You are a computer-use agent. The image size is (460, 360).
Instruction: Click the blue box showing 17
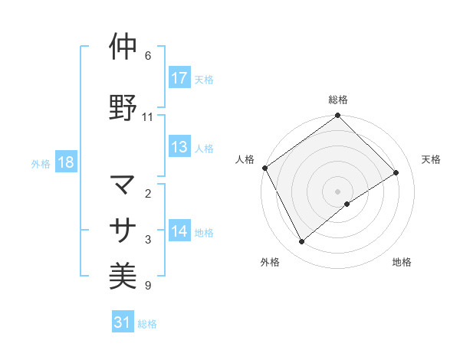click(x=179, y=78)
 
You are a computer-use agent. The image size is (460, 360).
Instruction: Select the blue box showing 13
click(x=179, y=148)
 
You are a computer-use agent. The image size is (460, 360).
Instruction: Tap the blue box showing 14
click(x=179, y=232)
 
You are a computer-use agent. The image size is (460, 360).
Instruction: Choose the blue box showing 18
click(x=65, y=163)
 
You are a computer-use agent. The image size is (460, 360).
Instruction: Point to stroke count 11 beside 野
click(x=148, y=117)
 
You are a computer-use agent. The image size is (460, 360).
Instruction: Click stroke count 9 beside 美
click(x=148, y=286)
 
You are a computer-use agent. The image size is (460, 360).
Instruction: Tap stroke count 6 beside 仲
click(x=148, y=56)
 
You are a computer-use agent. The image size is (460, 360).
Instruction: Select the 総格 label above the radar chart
click(x=338, y=100)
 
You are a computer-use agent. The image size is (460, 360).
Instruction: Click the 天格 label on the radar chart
click(x=431, y=159)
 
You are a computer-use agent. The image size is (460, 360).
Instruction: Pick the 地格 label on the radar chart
click(x=402, y=262)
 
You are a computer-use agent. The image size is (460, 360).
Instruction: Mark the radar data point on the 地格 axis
click(x=348, y=204)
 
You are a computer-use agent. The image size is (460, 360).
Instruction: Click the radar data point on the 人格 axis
click(x=264, y=168)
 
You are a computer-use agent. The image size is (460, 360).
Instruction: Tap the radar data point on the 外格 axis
click(x=301, y=242)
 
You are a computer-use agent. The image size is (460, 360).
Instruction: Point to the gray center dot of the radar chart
click(x=337, y=191)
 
